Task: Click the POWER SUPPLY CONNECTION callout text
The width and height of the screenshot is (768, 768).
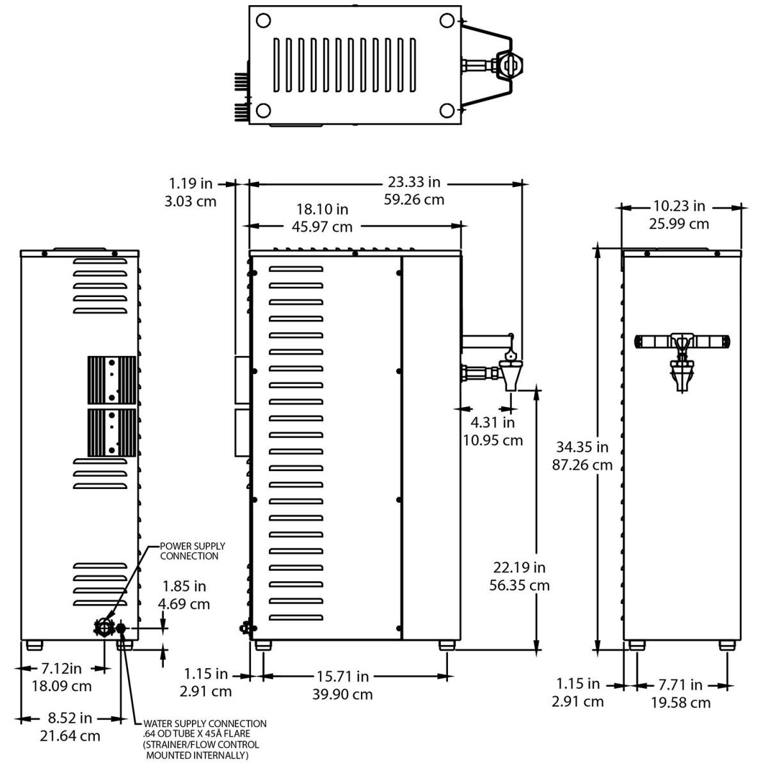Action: tap(192, 551)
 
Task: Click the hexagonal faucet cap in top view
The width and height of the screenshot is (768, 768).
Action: tap(510, 65)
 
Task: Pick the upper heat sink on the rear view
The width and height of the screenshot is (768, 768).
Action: tap(111, 378)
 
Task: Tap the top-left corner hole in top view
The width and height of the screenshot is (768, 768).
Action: tap(262, 20)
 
